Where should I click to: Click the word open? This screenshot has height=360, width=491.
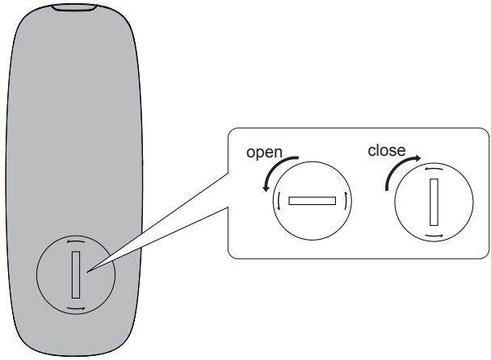(264, 153)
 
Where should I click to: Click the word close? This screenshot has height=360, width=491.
(387, 151)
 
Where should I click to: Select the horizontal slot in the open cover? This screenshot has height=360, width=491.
(313, 201)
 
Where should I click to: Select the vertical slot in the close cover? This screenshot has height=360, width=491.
(434, 202)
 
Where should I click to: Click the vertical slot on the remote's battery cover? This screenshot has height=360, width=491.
(76, 274)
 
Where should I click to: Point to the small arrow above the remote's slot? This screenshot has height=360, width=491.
(75, 241)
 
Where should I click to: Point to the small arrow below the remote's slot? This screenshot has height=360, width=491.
(76, 309)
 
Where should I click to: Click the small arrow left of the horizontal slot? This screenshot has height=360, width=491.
(278, 201)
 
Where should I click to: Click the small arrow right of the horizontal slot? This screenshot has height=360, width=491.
(346, 201)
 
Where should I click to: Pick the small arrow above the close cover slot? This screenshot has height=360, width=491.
(434, 169)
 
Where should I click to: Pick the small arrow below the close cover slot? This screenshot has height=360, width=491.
(434, 236)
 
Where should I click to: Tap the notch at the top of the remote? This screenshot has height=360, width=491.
(74, 7)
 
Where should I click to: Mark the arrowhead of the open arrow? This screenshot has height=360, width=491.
(266, 188)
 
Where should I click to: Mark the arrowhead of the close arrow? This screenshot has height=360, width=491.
(418, 158)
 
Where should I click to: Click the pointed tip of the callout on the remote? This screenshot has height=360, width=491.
(88, 272)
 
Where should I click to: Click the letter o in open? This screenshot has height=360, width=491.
(250, 153)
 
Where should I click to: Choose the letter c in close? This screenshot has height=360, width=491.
(371, 152)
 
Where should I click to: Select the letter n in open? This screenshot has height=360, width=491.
(278, 153)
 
